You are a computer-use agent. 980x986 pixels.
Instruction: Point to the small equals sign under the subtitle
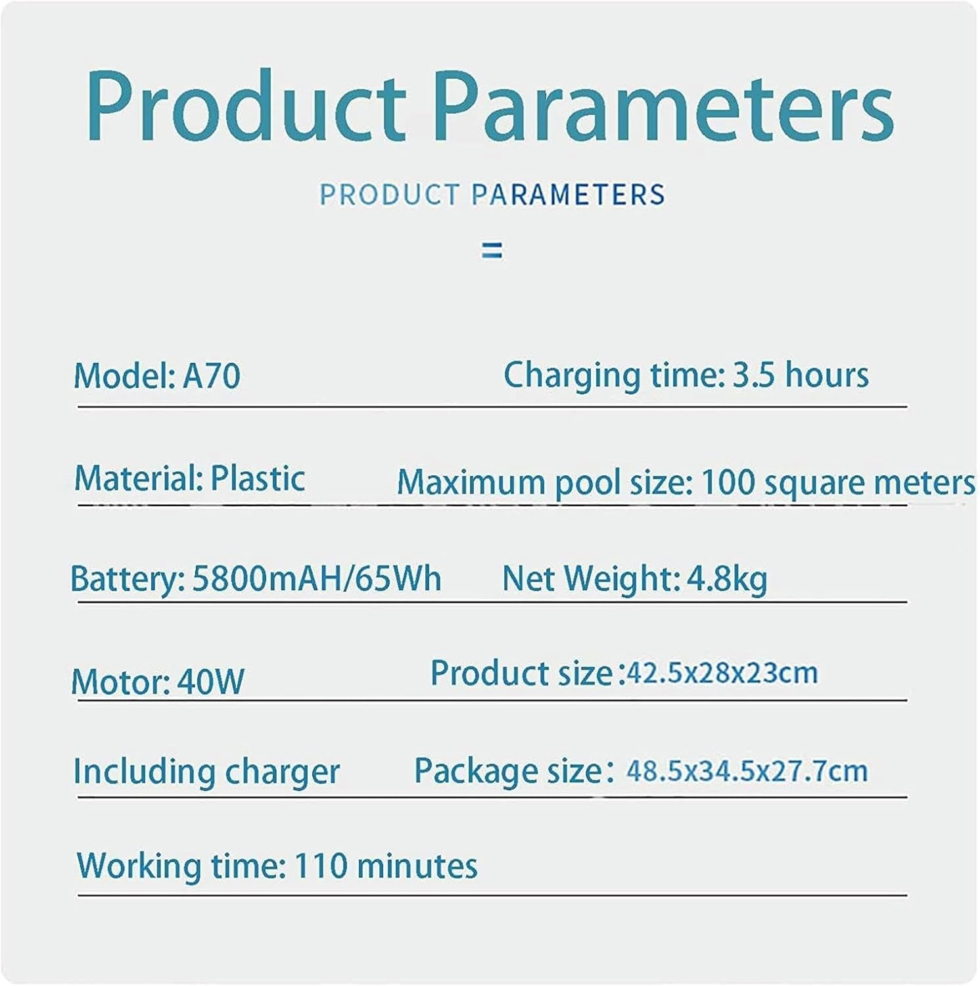pyautogui.click(x=492, y=250)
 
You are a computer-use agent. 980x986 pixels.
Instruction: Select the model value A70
pyautogui.click(x=211, y=376)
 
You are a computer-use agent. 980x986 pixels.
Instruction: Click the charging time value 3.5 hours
pyautogui.click(x=801, y=375)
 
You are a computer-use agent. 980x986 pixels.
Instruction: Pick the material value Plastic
pyautogui.click(x=258, y=478)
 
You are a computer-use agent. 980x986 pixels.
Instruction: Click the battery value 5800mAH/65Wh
pyautogui.click(x=316, y=578)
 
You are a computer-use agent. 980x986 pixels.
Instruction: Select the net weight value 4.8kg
pyautogui.click(x=727, y=578)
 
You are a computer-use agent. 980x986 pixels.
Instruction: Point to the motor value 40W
pyautogui.click(x=210, y=682)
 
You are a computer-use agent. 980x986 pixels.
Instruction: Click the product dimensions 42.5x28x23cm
pyautogui.click(x=722, y=672)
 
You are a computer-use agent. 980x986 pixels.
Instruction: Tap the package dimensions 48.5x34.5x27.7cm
pyautogui.click(x=747, y=770)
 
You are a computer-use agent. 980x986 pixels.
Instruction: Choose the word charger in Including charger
pyautogui.click(x=282, y=772)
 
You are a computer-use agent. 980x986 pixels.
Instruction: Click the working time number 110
pyautogui.click(x=321, y=866)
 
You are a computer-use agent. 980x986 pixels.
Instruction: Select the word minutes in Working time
pyautogui.click(x=417, y=866)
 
